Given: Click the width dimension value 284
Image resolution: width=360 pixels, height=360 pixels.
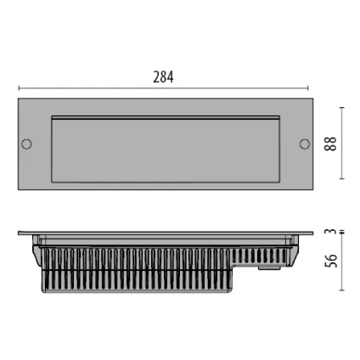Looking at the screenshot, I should click(163, 77).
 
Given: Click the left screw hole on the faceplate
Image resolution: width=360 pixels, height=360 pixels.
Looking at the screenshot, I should click(27, 143).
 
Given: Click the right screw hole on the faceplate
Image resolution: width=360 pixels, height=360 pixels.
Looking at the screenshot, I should click(304, 143).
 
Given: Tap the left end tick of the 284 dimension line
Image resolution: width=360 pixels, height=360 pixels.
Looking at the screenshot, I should click(19, 87).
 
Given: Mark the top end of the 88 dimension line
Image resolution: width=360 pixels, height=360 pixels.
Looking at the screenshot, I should click(342, 108).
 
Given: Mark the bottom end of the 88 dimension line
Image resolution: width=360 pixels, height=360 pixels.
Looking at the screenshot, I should click(342, 179).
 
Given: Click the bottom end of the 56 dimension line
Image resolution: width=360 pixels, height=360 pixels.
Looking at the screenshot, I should click(342, 290).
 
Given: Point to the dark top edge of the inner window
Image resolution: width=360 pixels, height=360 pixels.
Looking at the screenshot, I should click(166, 116).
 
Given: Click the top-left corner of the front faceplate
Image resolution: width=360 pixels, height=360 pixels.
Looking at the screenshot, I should click(19, 99).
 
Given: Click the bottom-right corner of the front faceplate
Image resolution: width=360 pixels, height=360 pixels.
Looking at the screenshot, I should click(312, 188).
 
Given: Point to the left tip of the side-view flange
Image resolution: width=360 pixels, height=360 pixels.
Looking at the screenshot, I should click(20, 233).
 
